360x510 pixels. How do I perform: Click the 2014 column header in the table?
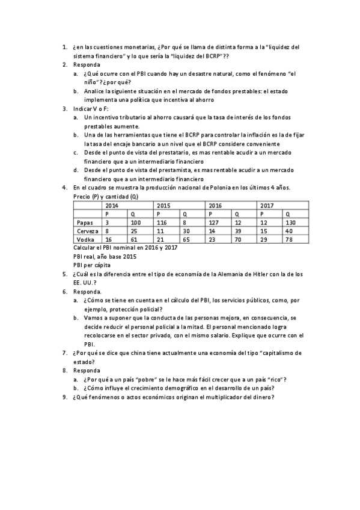(x=112, y=206)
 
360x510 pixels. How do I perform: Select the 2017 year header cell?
(x=267, y=206)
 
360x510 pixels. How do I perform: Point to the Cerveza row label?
(x=87, y=231)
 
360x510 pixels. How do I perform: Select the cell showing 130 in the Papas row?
(x=293, y=223)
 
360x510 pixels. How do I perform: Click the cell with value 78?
(x=291, y=239)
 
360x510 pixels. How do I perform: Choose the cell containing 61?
(x=135, y=239)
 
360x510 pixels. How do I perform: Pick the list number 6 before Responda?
(x=64, y=291)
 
